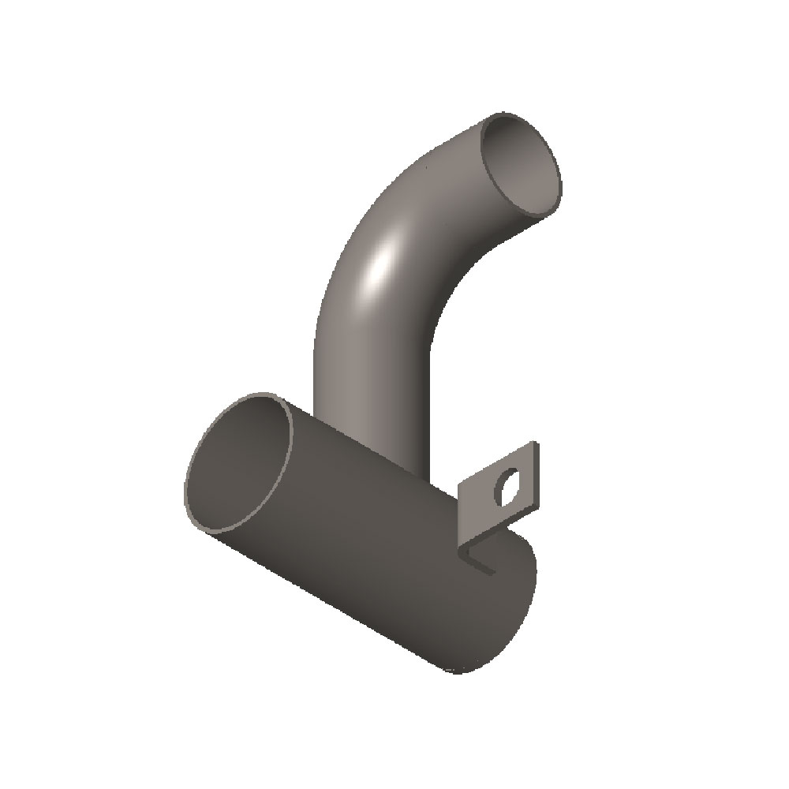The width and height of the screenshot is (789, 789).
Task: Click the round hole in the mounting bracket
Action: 506,488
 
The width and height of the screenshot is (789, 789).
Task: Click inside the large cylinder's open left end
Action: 237,466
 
